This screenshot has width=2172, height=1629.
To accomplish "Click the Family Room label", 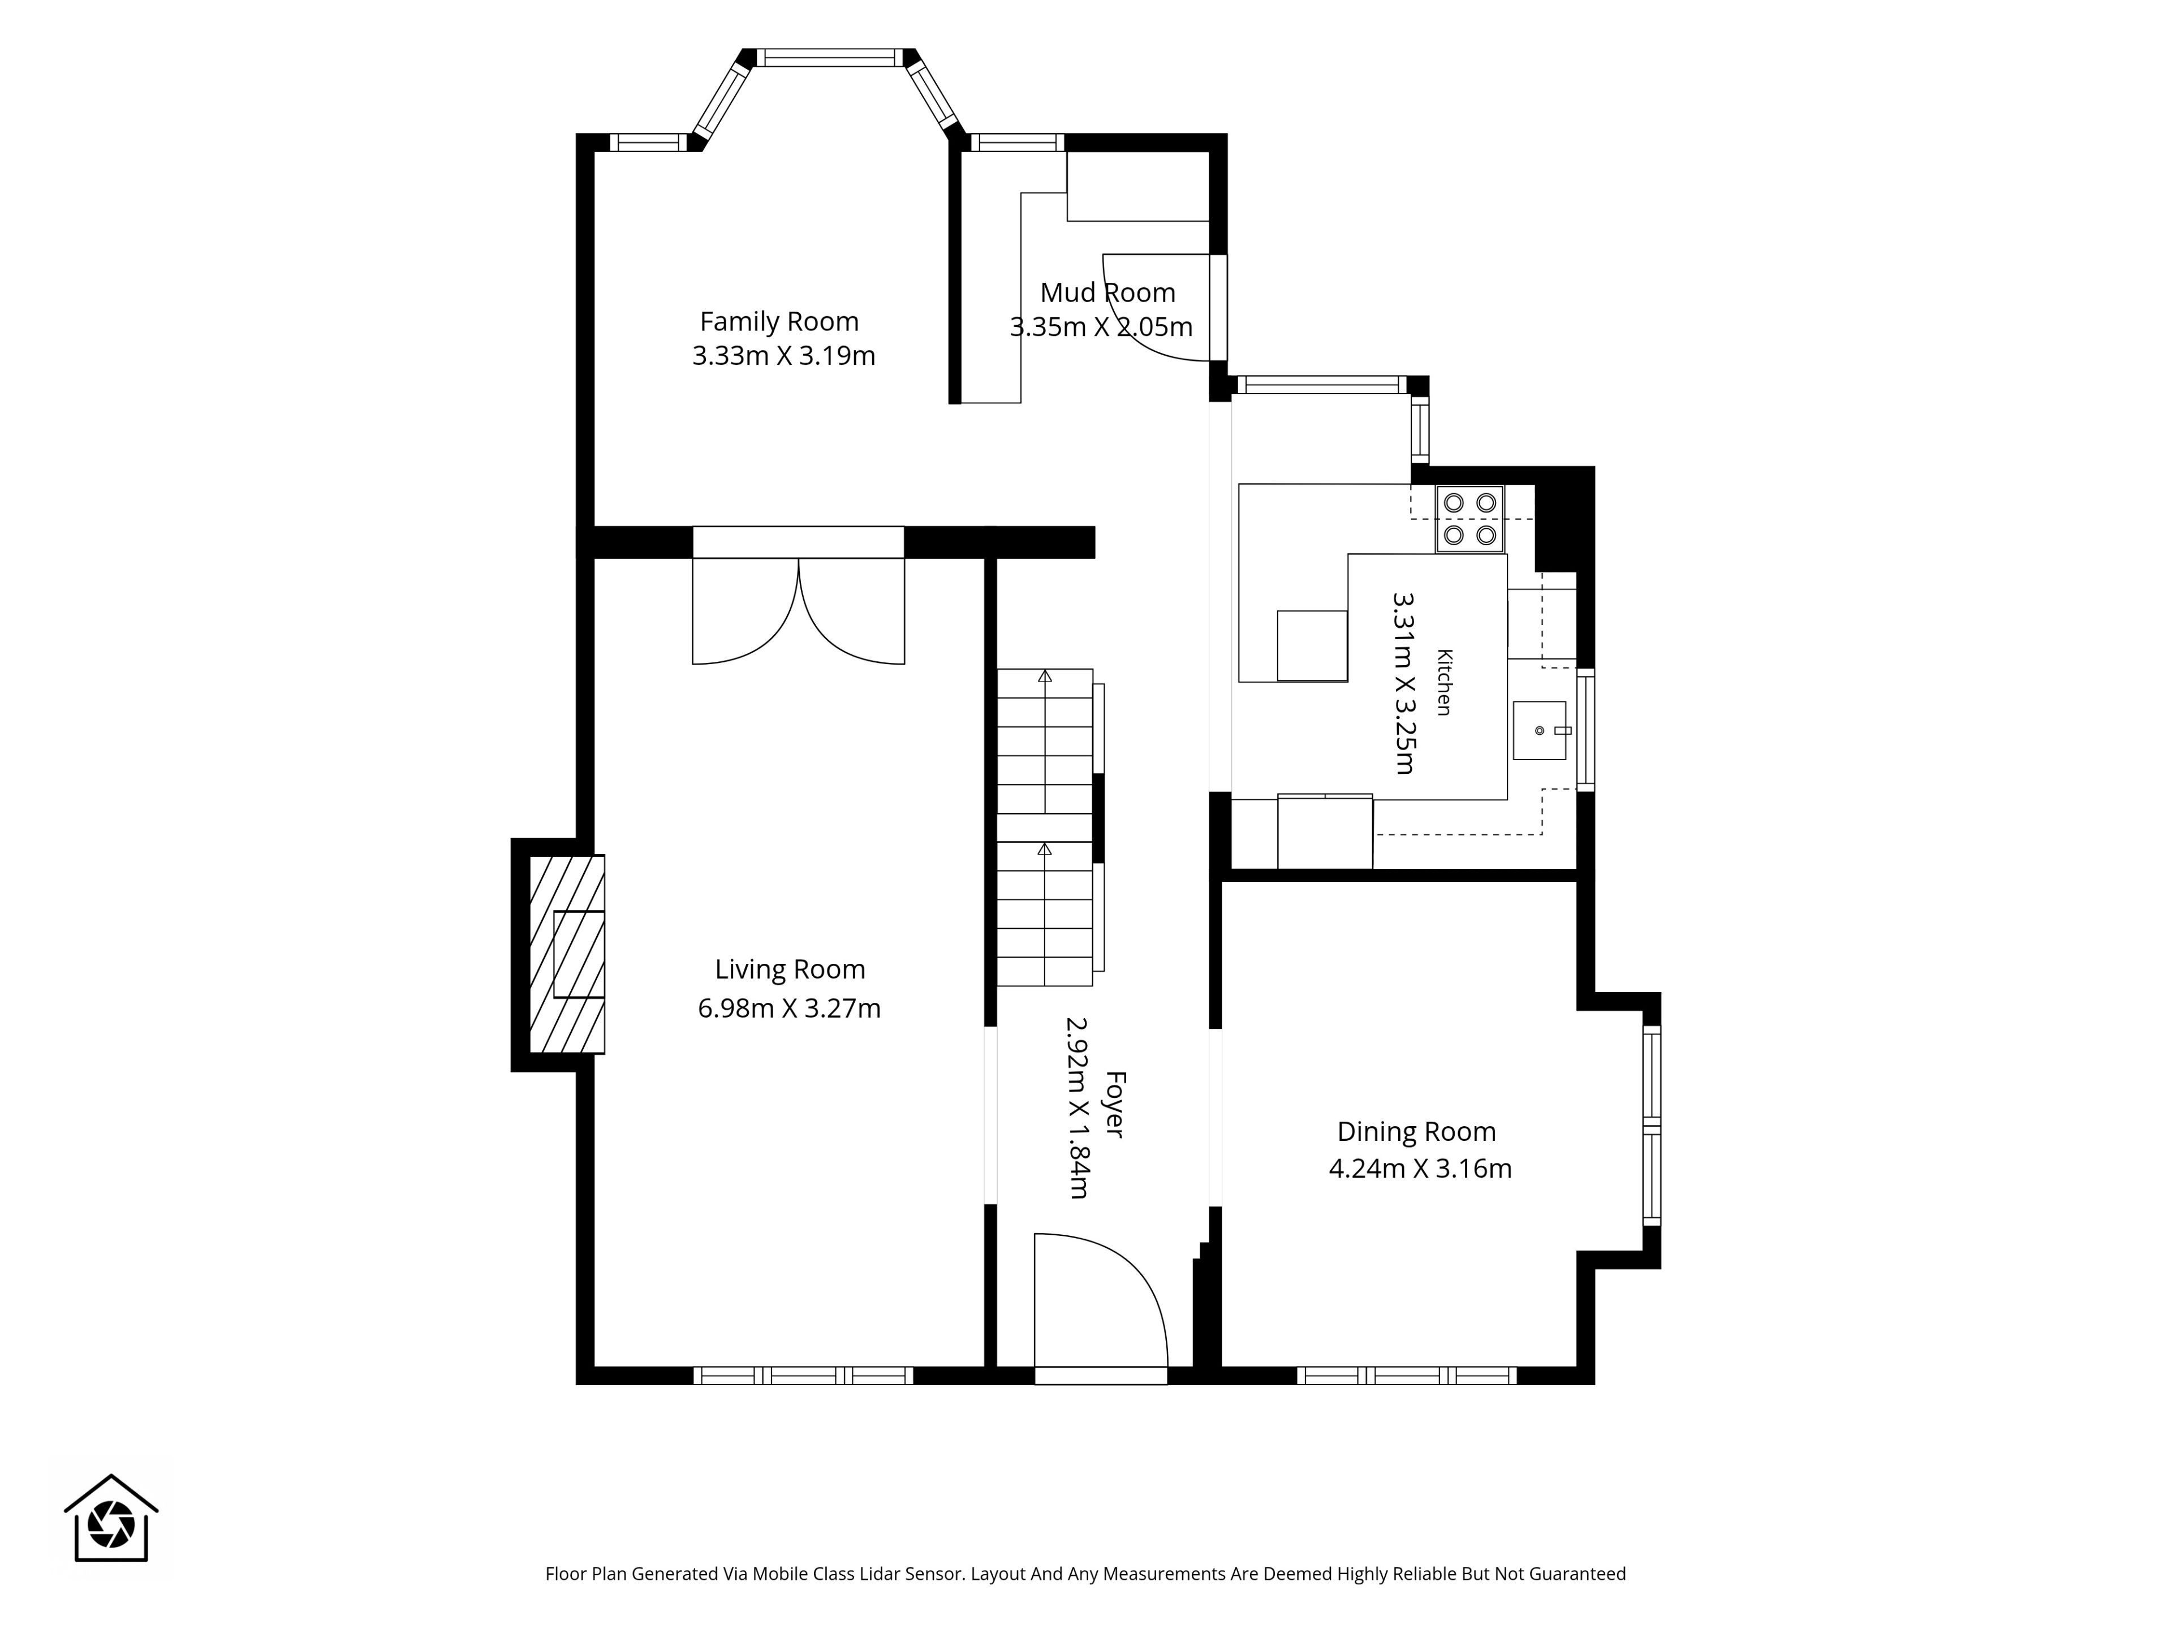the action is [779, 322].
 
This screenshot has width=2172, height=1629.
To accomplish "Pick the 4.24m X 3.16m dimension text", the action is [1420, 1169].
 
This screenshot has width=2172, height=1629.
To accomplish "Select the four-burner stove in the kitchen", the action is [1470, 519].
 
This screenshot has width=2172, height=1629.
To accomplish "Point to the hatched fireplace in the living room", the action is [567, 954].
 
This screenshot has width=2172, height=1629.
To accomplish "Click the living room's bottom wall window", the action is [803, 1376].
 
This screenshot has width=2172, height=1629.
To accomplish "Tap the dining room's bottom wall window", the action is [1407, 1376].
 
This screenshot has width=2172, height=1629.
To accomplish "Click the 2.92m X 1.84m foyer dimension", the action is [1077, 1107].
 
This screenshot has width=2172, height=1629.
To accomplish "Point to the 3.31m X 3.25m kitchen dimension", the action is [1404, 683].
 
